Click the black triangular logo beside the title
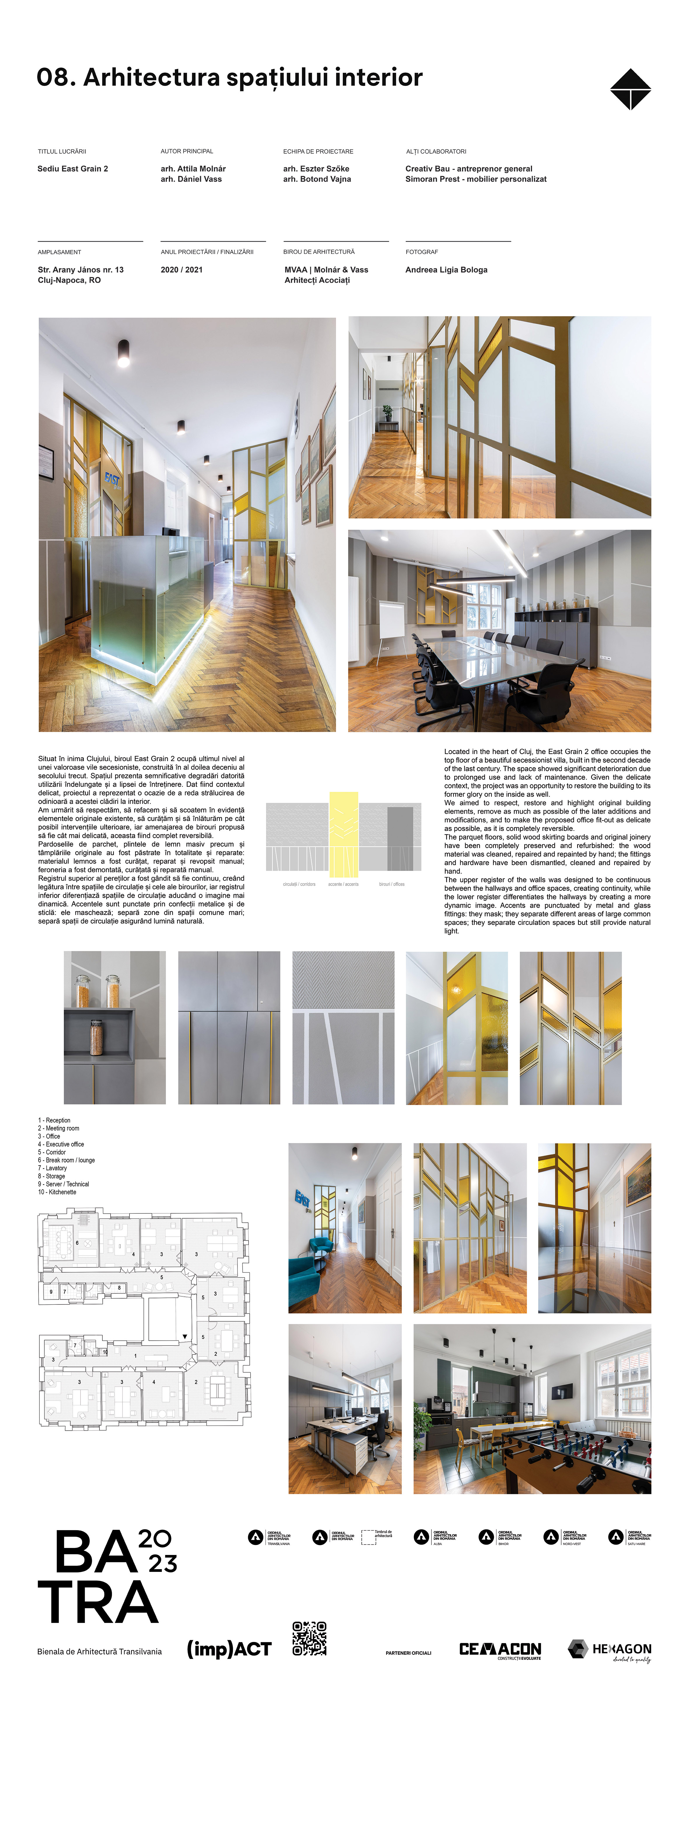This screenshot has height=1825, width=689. [630, 89]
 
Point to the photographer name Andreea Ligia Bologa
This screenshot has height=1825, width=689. [446, 270]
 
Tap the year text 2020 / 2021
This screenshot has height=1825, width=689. [181, 270]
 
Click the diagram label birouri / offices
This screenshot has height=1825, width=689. [391, 884]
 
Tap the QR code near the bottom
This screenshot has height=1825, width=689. [309, 1639]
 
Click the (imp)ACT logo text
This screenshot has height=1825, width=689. [229, 1649]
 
